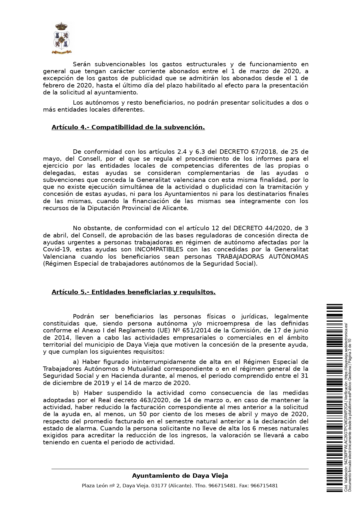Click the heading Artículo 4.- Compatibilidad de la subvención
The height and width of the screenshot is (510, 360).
tap(128, 127)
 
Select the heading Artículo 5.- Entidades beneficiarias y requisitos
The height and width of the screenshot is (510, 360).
tap(134, 292)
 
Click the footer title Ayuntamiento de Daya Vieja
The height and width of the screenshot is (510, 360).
tap(180, 476)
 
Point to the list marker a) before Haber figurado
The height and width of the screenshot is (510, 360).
tap(76, 362)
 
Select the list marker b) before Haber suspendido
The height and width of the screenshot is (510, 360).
tap(76, 393)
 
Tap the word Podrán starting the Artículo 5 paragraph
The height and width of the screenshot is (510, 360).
tap(83, 316)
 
